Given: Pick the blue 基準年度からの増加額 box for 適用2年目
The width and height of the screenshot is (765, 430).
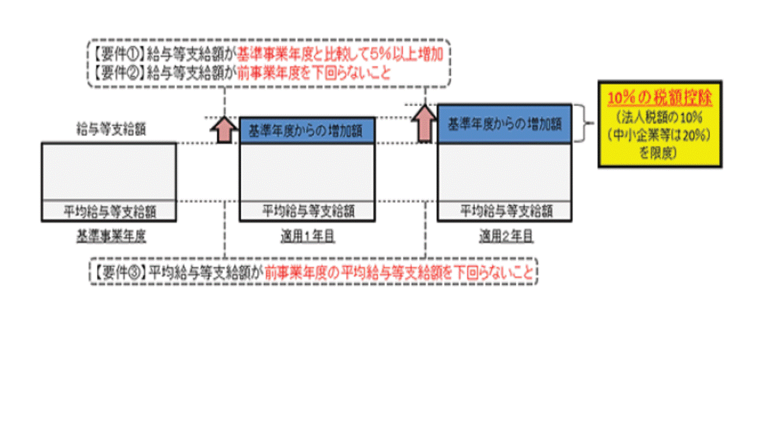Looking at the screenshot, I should [x=504, y=124].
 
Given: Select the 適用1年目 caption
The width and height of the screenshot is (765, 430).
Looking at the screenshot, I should [x=308, y=236].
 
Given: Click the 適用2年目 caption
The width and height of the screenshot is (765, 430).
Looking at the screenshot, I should [x=506, y=236].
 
